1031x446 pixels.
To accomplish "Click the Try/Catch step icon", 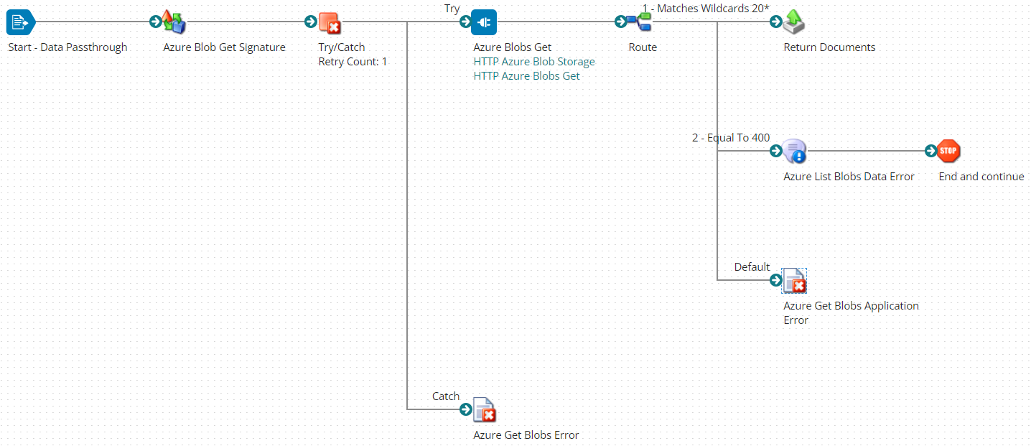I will coord(330,23).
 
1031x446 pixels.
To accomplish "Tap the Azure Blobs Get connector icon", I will coord(484,22).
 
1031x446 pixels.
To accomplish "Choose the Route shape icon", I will coord(639,22).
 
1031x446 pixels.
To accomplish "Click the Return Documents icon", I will coord(794,22).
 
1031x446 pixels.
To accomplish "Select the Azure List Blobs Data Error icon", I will coord(794,152).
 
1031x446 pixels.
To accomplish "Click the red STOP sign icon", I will coord(949,152).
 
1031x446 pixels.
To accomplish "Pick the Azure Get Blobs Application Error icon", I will coord(794,281).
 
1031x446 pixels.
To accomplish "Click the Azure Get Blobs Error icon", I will coord(485,410).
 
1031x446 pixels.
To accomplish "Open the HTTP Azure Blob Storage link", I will coord(534,62).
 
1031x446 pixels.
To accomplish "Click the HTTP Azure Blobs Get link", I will coord(526,76).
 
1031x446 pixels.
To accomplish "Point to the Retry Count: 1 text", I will coord(353,62).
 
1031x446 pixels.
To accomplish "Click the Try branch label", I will coord(452,9).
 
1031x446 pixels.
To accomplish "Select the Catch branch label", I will coord(445,396).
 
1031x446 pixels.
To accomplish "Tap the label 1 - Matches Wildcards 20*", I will coord(705,9).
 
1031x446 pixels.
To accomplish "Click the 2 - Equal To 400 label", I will coord(730,138).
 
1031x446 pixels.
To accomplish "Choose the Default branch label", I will coord(752,267).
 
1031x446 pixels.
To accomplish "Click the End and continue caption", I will coord(981,177).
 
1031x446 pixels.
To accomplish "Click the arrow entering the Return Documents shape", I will coord(775,22).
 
